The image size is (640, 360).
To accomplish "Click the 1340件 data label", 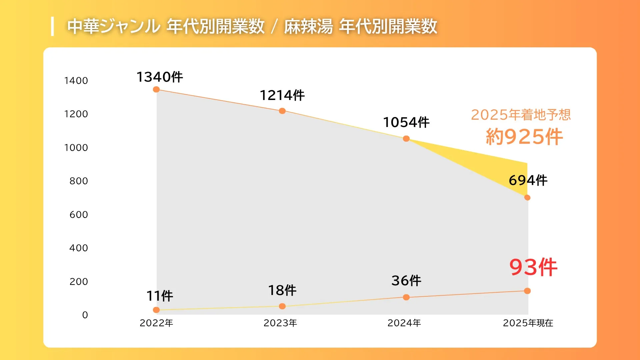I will click(x=160, y=77).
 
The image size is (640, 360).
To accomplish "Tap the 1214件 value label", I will click(x=282, y=95).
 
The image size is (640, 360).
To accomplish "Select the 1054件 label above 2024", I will click(x=406, y=122).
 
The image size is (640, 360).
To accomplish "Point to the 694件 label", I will click(x=528, y=180).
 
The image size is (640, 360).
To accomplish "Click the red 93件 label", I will click(x=533, y=267).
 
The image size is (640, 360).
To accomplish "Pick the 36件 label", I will click(x=406, y=281).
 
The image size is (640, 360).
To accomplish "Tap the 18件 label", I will click(x=282, y=290).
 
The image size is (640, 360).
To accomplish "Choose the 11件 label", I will click(x=160, y=296).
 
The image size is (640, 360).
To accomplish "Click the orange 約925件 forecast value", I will click(x=524, y=137).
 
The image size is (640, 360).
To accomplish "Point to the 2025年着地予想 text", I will click(x=521, y=115).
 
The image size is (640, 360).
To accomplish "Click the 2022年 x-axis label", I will click(x=156, y=323).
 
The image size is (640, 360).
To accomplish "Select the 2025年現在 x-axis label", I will click(x=528, y=323).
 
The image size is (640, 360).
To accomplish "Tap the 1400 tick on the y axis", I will click(x=76, y=81).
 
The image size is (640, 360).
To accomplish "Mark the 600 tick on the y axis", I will click(x=79, y=215).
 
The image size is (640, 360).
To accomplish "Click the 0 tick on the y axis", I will click(x=85, y=315).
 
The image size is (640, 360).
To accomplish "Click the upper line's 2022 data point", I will click(x=156, y=89).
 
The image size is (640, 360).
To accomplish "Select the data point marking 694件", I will click(x=527, y=198).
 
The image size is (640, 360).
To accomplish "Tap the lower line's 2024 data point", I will click(x=406, y=297).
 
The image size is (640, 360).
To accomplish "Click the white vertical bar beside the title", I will click(x=52, y=26).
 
